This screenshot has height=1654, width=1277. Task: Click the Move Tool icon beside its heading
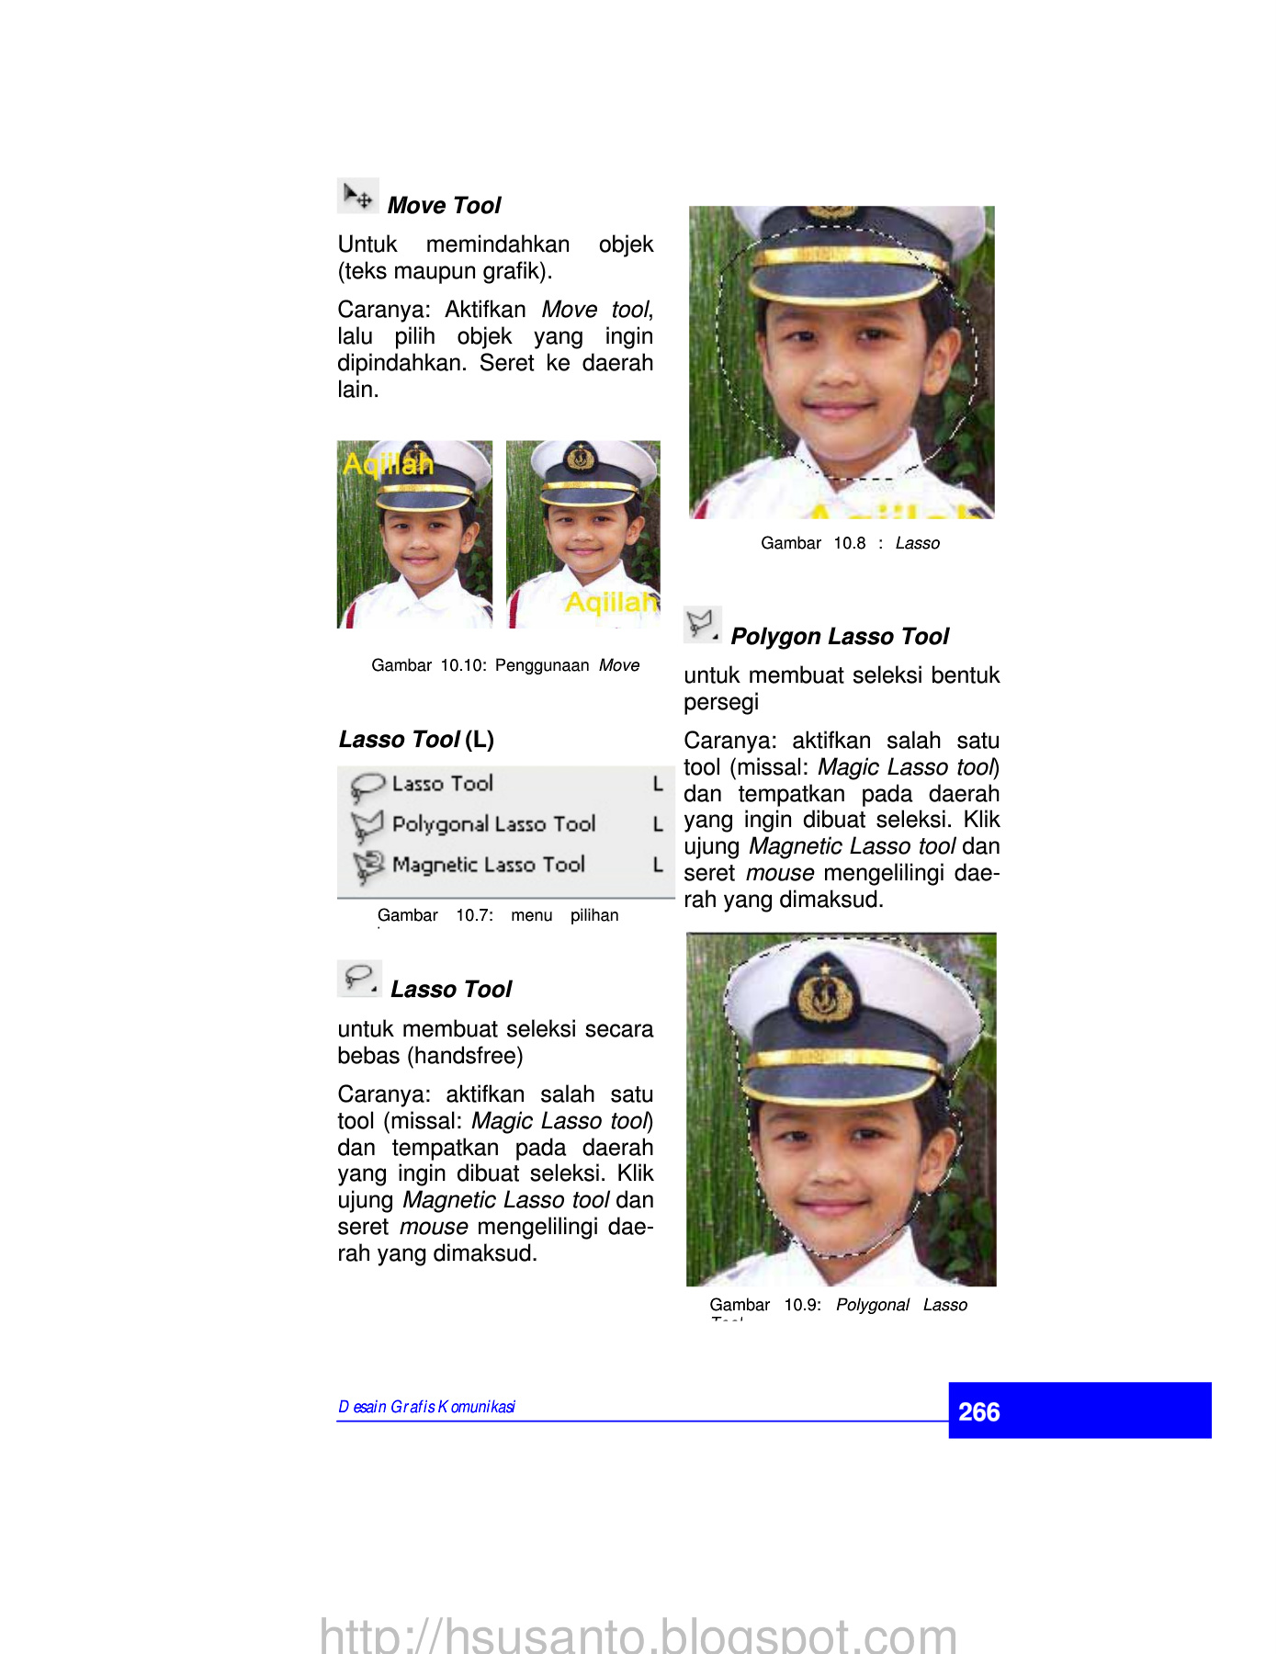(x=357, y=196)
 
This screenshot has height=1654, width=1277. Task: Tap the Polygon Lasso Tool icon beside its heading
(x=702, y=625)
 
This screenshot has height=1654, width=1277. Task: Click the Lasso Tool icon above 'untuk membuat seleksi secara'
(x=359, y=979)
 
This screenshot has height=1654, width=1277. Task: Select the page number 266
(x=979, y=1411)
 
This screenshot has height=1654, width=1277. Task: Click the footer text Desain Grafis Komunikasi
(x=426, y=1407)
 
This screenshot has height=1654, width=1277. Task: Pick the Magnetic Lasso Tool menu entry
(x=488, y=865)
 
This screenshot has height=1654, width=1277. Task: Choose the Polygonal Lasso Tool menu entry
(x=493, y=824)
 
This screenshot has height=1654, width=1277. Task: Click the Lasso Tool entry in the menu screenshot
(x=442, y=784)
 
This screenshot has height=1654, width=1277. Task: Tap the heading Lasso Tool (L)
(x=416, y=740)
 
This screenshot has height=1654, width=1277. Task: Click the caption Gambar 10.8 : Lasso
(x=850, y=543)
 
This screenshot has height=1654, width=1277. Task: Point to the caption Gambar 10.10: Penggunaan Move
(x=505, y=665)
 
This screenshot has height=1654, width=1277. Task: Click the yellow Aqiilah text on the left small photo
(x=388, y=464)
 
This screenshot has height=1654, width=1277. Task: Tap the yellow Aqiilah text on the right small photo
(x=611, y=602)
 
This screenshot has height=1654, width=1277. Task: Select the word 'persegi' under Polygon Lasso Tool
(x=721, y=702)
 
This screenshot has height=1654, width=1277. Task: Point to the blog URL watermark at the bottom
(x=638, y=1635)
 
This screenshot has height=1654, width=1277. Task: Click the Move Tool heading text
(x=444, y=206)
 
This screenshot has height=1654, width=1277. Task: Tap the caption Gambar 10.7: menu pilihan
(x=498, y=915)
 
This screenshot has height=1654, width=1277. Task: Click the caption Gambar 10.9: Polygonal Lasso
(x=838, y=1305)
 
